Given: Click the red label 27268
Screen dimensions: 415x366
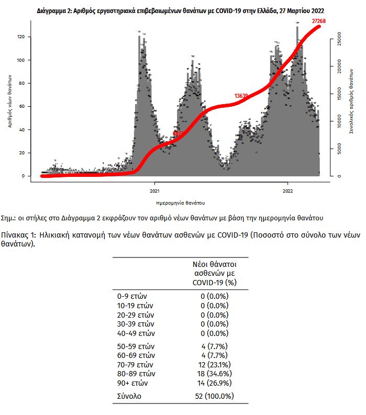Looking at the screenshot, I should pyautogui.click(x=318, y=21).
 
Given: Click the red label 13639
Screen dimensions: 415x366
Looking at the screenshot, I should pyautogui.click(x=241, y=96).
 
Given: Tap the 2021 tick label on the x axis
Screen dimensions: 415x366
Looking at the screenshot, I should pyautogui.click(x=154, y=190).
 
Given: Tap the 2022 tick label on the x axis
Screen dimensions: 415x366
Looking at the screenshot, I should pyautogui.click(x=288, y=190).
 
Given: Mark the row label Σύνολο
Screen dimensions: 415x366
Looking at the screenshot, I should pyautogui.click(x=129, y=396).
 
